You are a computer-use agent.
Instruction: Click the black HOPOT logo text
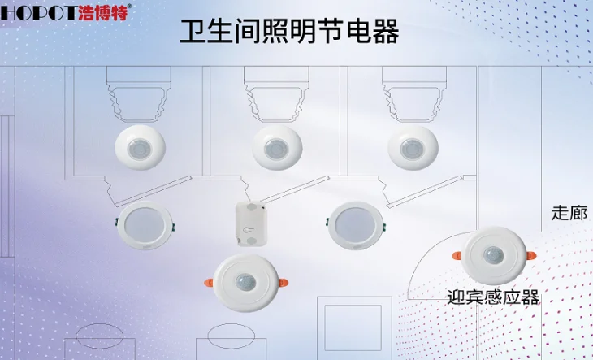click(38, 12)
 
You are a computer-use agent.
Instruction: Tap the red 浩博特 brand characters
click(103, 12)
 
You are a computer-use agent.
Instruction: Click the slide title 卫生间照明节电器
click(289, 32)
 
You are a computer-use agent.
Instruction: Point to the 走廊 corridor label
click(569, 213)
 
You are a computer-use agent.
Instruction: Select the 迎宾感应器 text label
click(493, 297)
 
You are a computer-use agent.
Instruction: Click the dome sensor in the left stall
click(141, 147)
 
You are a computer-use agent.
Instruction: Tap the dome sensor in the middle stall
click(277, 147)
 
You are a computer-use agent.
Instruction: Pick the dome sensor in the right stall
click(413, 147)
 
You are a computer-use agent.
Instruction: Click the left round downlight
click(145, 225)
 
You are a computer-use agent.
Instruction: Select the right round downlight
click(356, 226)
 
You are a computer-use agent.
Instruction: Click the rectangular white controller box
click(252, 223)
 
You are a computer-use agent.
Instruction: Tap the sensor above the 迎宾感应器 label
click(494, 256)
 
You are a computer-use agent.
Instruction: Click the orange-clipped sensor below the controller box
click(246, 283)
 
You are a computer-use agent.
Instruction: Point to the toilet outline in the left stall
click(139, 94)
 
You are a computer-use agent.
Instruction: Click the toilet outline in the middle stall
click(276, 94)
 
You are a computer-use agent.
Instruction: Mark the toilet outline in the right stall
click(414, 94)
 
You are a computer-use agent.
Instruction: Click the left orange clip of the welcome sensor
click(457, 256)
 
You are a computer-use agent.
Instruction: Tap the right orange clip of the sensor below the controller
click(284, 283)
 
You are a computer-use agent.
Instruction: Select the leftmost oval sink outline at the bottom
click(100, 336)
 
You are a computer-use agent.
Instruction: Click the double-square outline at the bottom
click(354, 327)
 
